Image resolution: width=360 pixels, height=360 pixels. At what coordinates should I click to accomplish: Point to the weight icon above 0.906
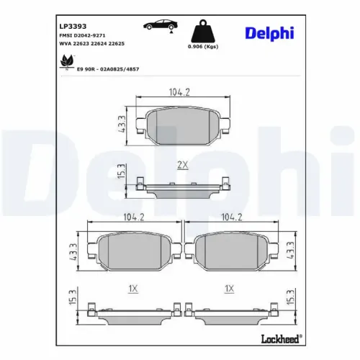pyautogui.click(x=203, y=32)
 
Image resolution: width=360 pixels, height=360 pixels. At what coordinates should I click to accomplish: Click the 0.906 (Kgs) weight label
pyautogui.click(x=203, y=48)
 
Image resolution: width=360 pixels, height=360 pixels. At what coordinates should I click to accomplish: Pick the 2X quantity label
pyautogui.click(x=182, y=165)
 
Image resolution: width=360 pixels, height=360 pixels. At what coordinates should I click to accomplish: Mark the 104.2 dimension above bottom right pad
pyautogui.click(x=230, y=216)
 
